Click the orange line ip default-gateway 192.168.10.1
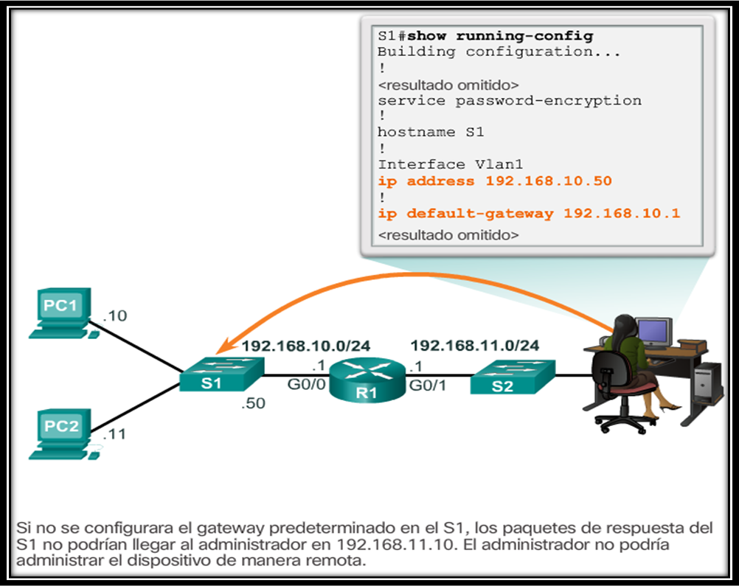coord(529,214)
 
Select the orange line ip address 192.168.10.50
coord(494,181)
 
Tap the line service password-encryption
coord(509,100)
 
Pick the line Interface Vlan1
coord(431,164)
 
